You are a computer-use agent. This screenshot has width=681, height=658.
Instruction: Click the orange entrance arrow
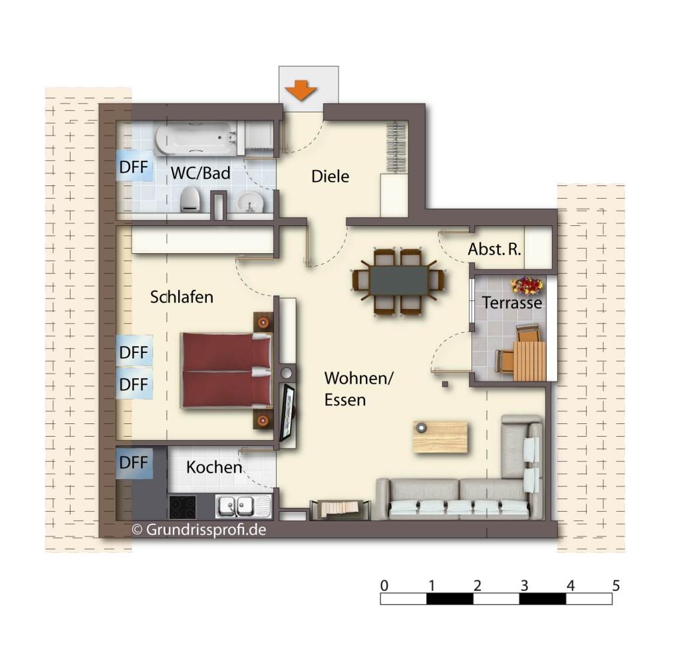[301, 90]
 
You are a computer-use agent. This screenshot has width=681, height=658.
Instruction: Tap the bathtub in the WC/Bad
[196, 138]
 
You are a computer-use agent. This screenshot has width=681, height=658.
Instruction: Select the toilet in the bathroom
[190, 199]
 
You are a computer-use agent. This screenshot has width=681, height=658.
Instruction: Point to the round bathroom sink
[250, 202]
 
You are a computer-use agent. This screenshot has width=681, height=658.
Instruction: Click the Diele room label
[330, 176]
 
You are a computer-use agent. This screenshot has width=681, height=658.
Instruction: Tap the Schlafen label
[182, 297]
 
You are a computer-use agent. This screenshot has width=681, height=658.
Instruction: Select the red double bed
[226, 370]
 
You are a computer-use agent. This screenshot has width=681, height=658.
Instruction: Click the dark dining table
[399, 280]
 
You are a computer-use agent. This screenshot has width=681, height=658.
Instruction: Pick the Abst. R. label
[494, 249]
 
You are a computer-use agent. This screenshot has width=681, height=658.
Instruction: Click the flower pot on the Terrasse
[527, 285]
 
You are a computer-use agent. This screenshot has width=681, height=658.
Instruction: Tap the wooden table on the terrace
[529, 361]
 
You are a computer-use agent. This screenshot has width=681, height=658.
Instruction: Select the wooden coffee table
[440, 437]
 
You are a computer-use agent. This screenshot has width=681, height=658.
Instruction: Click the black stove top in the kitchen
[182, 507]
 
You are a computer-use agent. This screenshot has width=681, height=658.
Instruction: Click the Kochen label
[214, 467]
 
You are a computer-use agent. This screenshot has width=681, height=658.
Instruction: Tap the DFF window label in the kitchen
[134, 463]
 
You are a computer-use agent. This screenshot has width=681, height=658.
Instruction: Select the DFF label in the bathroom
[134, 167]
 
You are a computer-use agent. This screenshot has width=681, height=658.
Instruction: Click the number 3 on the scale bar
[524, 586]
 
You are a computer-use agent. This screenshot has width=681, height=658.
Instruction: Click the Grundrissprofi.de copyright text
[199, 530]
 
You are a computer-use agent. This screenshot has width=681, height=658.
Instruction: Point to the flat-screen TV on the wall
[287, 412]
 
